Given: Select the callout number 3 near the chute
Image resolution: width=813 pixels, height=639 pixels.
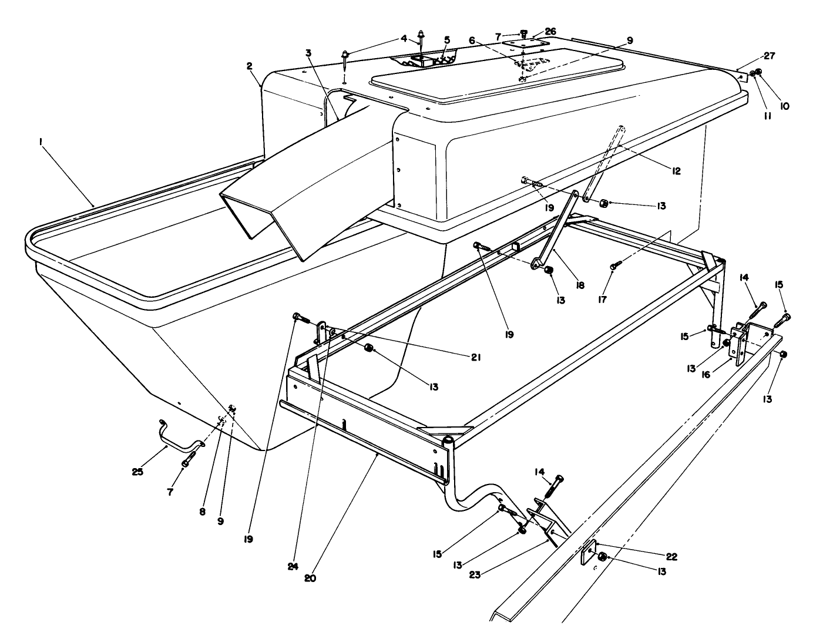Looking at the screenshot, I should tap(308, 52).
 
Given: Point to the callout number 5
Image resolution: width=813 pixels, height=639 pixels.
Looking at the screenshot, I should tap(447, 40).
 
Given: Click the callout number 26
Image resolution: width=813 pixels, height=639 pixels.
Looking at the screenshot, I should tap(550, 31).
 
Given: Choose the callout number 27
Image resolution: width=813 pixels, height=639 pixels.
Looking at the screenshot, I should tap(769, 56).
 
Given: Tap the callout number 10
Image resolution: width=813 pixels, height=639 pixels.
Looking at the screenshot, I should tap(785, 106).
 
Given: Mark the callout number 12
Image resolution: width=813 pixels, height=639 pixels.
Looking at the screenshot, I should tap(676, 171).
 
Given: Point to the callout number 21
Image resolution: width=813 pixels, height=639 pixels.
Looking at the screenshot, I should tap(476, 357).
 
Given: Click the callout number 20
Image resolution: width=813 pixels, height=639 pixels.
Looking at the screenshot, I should tap(310, 577).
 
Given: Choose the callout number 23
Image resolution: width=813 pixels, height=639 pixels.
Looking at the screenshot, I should tap(475, 575).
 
